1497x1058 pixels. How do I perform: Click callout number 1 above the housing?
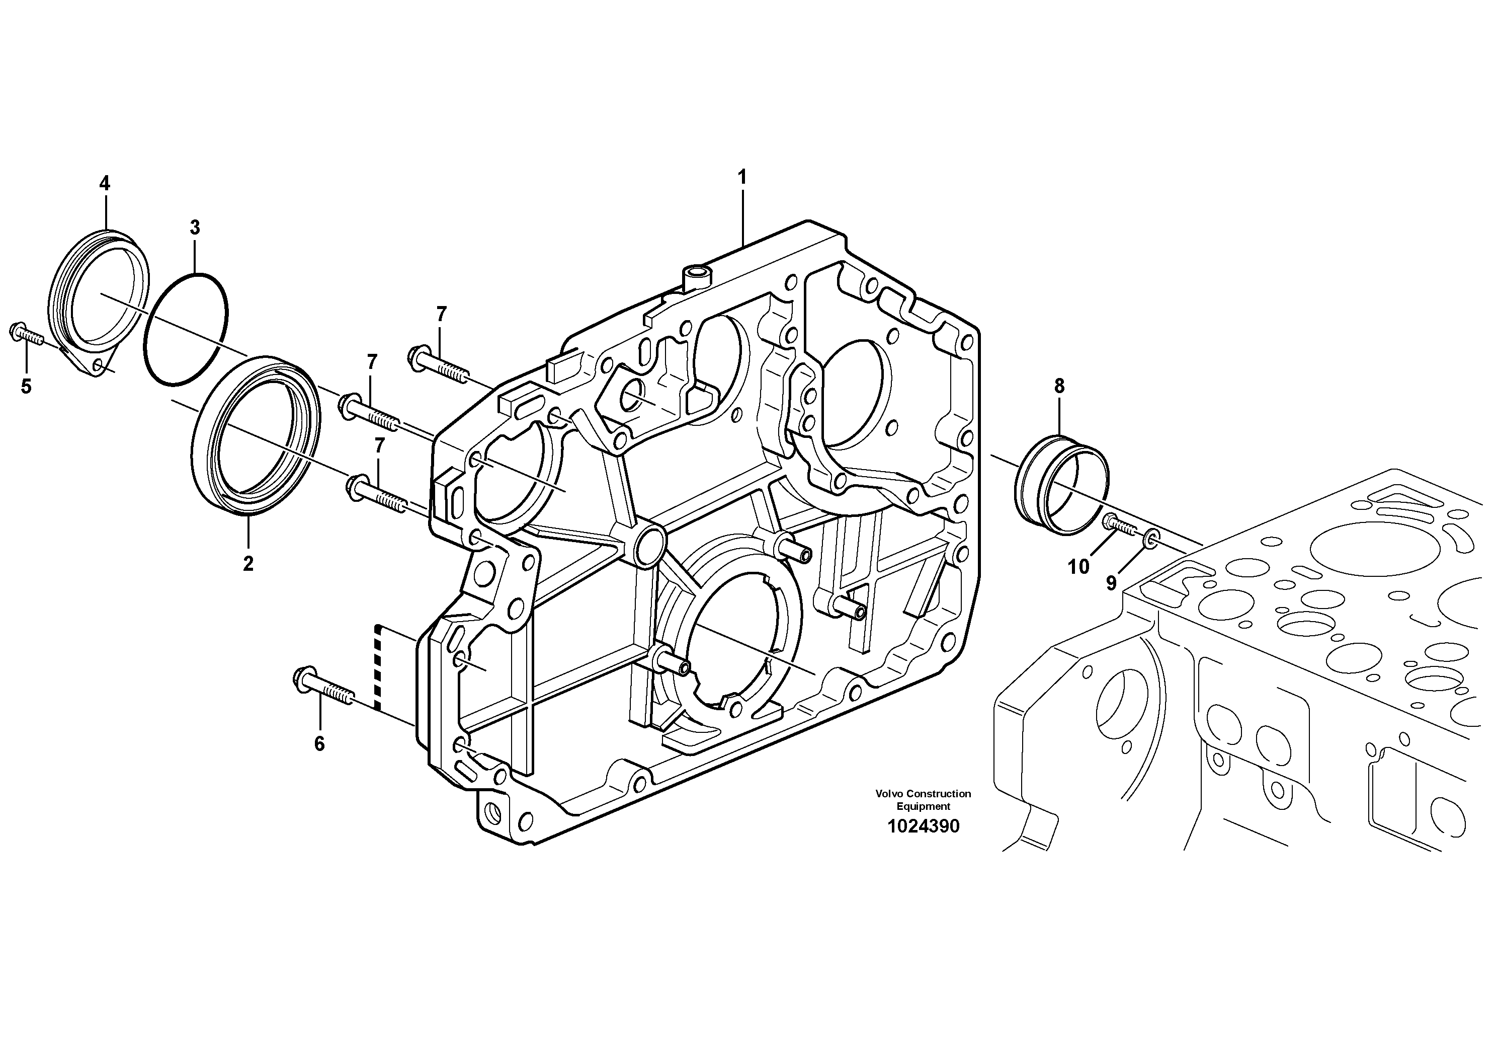[741, 177]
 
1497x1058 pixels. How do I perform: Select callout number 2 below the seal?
[248, 564]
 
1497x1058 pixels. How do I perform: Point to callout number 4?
[104, 183]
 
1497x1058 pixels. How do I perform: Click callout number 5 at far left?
[26, 387]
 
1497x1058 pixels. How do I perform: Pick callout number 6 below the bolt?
[319, 744]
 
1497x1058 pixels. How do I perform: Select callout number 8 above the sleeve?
[1059, 386]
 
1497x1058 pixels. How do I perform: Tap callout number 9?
[1111, 582]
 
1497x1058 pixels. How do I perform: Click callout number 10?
[1078, 567]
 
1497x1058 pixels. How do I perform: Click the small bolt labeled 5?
[26, 335]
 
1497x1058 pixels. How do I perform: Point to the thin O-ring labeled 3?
[186, 329]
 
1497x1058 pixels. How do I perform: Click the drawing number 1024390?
[923, 826]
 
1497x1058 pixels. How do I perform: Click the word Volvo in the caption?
[888, 794]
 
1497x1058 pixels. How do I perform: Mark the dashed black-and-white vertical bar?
[377, 666]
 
